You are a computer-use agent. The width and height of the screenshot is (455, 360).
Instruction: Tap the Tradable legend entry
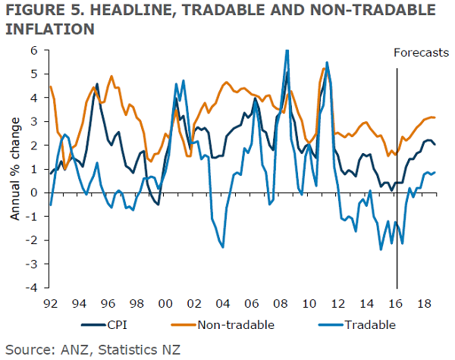pyautogui.click(x=368, y=325)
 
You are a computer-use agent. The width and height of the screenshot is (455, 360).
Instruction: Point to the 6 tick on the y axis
pyautogui.click(x=34, y=50)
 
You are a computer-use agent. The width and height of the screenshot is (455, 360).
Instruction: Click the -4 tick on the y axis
pyautogui.click(x=33, y=288)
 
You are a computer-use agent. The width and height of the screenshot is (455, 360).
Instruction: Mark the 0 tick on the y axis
pyautogui.click(x=34, y=193)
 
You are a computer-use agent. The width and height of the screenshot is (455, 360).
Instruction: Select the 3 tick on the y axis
pyautogui.click(x=34, y=121)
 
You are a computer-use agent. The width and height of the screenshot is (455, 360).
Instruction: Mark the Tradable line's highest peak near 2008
pyautogui.click(x=287, y=51)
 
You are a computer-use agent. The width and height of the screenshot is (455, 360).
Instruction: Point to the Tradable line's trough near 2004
pyautogui.click(x=222, y=246)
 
